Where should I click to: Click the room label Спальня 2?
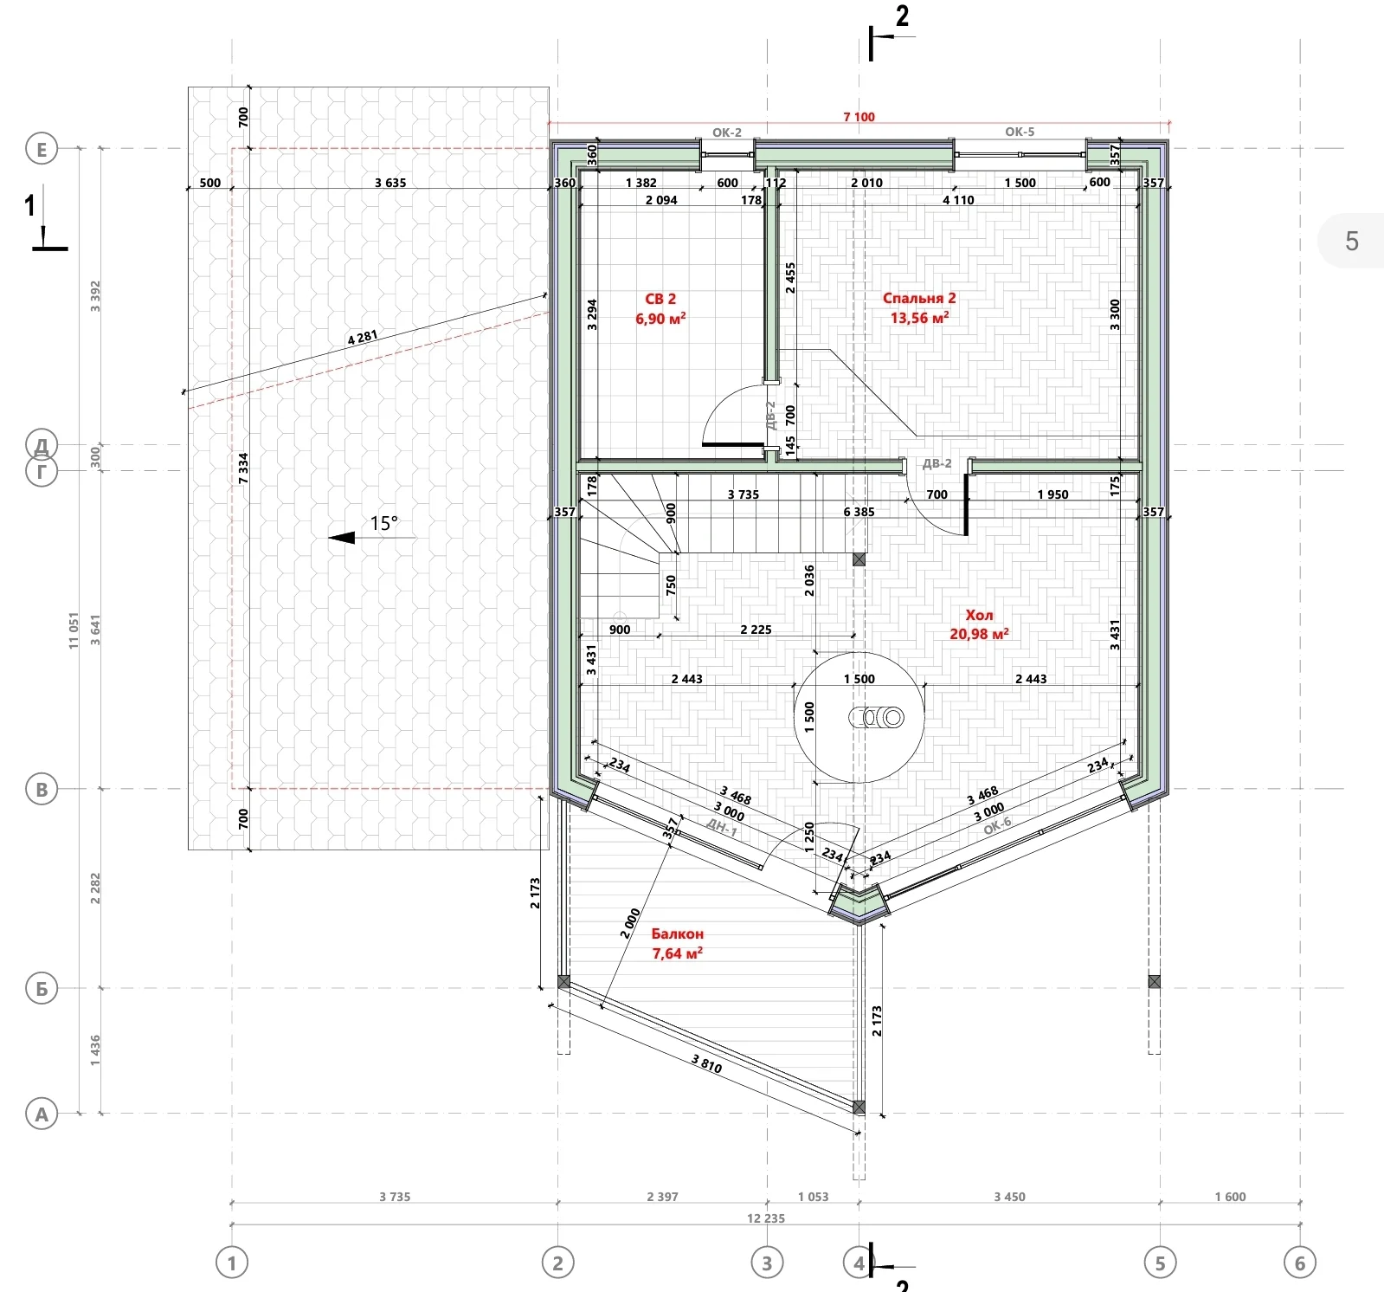click(x=919, y=298)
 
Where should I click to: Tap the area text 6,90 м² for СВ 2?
click(x=660, y=319)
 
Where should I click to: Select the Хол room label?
click(x=979, y=615)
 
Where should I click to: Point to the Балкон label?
click(x=677, y=933)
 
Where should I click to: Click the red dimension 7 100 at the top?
click(x=859, y=117)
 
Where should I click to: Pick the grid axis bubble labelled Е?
click(x=42, y=149)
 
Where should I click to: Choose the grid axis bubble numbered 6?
click(x=1299, y=1263)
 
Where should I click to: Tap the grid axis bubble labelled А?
click(x=42, y=1114)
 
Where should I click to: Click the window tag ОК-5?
click(x=1020, y=132)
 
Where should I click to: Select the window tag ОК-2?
click(x=727, y=132)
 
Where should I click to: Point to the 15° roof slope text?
click(x=384, y=523)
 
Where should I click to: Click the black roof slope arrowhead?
click(x=342, y=538)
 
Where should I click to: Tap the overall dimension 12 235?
click(x=766, y=1218)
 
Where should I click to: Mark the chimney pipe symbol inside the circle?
click(x=875, y=717)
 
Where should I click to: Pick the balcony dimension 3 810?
click(x=706, y=1063)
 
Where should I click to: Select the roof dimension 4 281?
click(x=363, y=337)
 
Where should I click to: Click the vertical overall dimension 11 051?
click(x=74, y=631)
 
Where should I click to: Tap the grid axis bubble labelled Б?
click(x=42, y=988)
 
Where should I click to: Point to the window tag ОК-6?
click(x=997, y=825)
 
